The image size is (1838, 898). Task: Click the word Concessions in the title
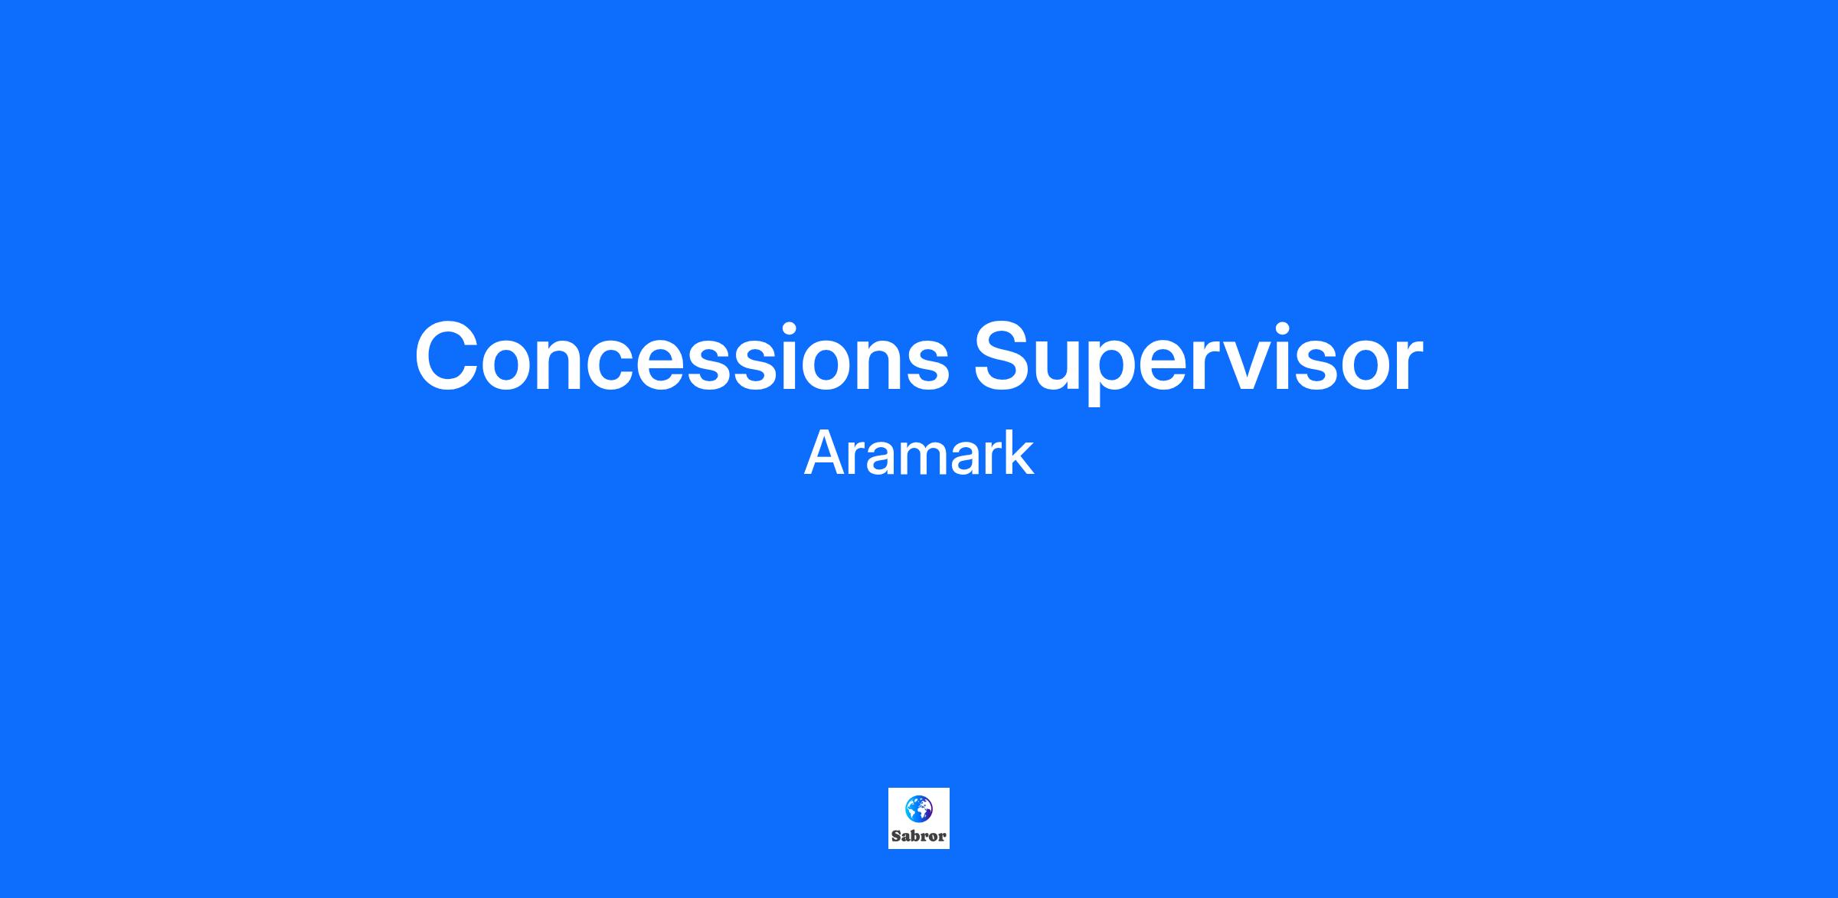tap(682, 356)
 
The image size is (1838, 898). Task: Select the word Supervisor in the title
tap(1199, 361)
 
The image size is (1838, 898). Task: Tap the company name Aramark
tap(919, 453)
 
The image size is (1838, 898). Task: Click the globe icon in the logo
tap(919, 809)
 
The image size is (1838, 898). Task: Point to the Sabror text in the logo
tap(919, 836)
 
